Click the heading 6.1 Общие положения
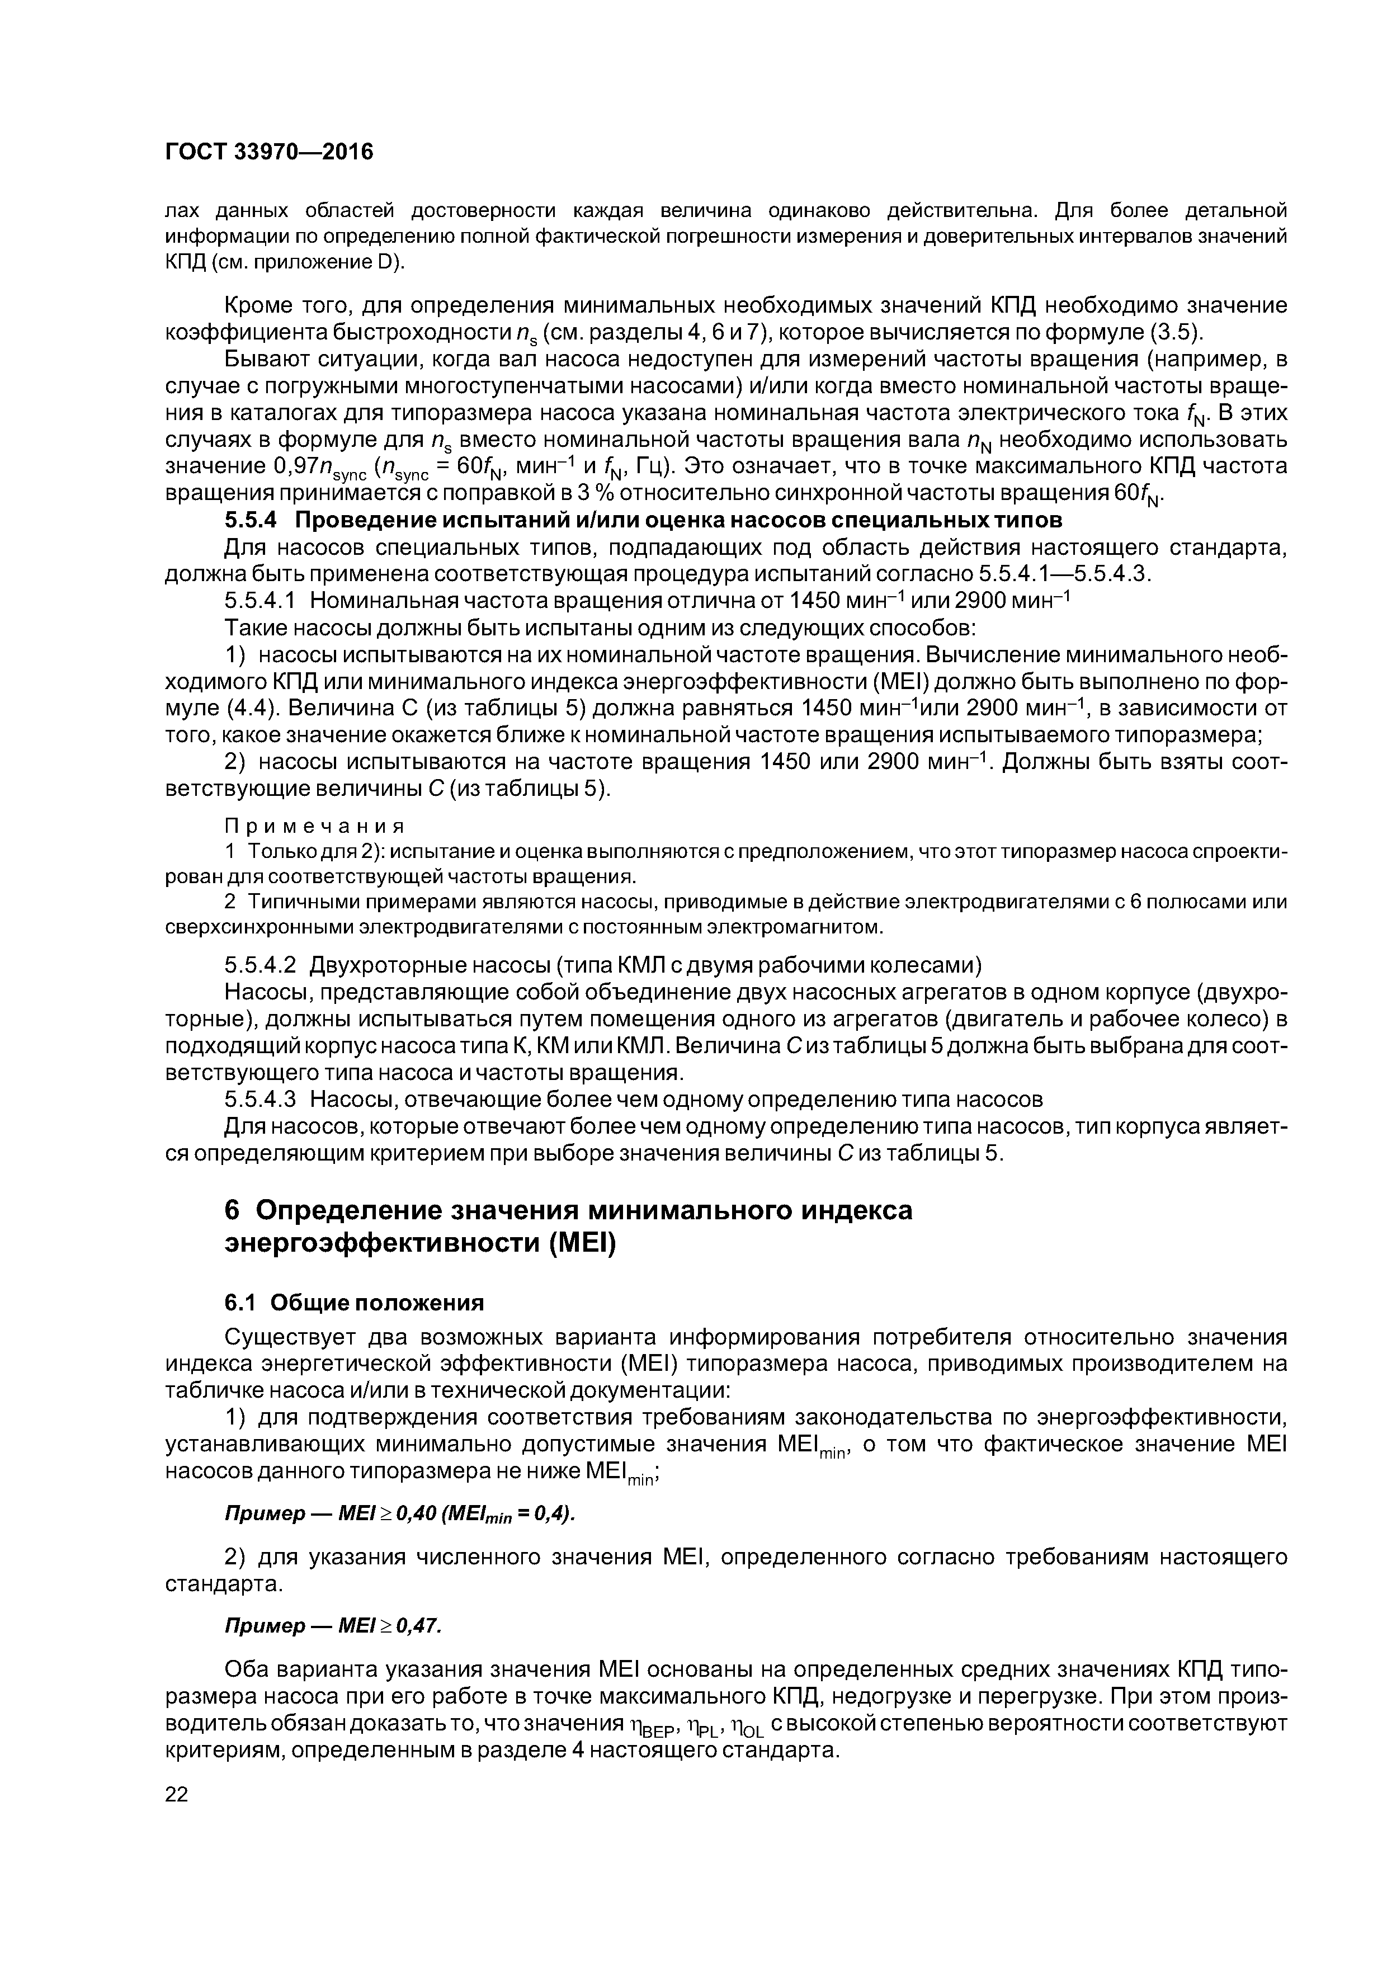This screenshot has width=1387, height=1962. click(x=354, y=1302)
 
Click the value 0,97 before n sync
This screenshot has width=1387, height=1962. click(x=294, y=466)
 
